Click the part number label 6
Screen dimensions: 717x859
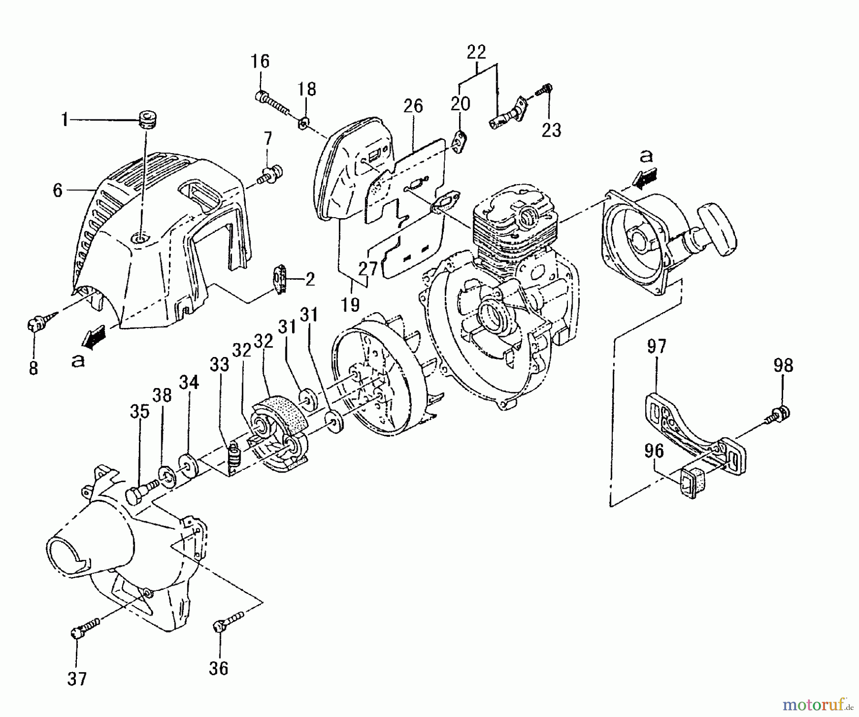(x=57, y=191)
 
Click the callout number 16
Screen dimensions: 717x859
(x=261, y=62)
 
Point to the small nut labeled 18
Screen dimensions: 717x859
(x=303, y=124)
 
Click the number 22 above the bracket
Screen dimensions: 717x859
(x=476, y=52)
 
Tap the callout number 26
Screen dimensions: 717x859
(x=413, y=106)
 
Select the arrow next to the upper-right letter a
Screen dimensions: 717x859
(x=643, y=179)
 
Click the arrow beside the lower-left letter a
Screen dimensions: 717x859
(x=94, y=336)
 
